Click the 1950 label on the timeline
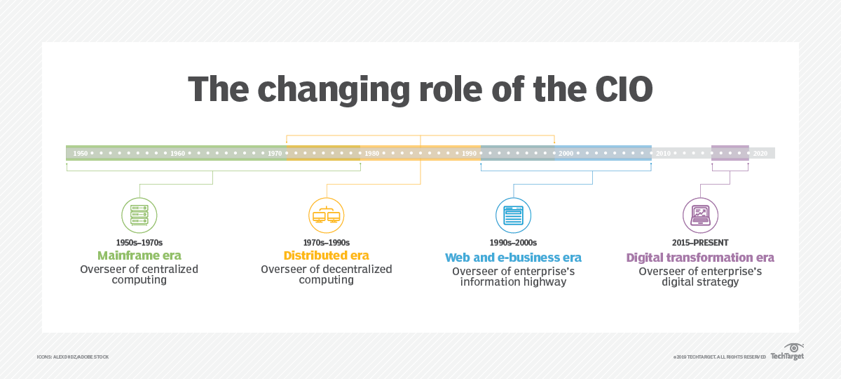click(81, 154)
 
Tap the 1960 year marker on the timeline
click(177, 154)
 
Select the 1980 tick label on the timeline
click(371, 154)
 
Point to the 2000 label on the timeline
click(566, 154)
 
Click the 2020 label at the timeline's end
click(760, 154)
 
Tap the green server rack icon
click(139, 215)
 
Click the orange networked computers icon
click(327, 215)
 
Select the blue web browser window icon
click(513, 215)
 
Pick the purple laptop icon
click(700, 215)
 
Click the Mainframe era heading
click(139, 255)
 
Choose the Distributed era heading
click(327, 255)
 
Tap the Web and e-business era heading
click(513, 258)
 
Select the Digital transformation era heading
click(700, 258)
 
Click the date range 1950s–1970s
click(139, 243)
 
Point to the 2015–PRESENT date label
click(700, 243)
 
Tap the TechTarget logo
click(787, 352)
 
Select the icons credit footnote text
click(73, 357)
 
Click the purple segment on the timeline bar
click(730, 153)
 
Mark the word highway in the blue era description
click(545, 282)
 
